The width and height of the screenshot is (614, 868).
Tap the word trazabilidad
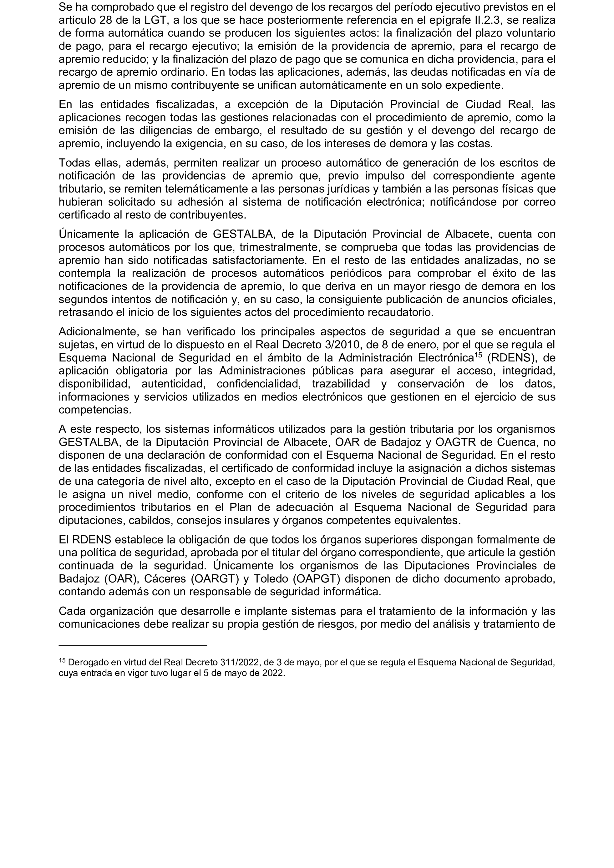[x=341, y=384]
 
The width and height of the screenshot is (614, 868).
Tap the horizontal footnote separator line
[x=132, y=645]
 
